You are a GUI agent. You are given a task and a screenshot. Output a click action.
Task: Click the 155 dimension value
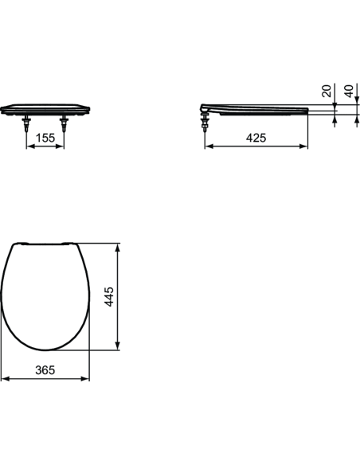tap(46, 138)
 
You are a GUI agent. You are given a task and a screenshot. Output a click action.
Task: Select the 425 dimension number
tap(256, 138)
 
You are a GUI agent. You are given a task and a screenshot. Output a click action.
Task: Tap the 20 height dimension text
tap(327, 92)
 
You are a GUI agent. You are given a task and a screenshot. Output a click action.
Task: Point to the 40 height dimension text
tap(348, 92)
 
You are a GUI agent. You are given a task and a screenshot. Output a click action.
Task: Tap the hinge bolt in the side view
tap(207, 121)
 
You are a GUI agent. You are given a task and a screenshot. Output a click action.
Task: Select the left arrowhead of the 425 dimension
tap(209, 147)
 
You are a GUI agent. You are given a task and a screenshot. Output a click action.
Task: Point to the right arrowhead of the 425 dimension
tap(306, 147)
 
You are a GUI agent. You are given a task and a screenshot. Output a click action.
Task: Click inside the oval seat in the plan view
tap(45, 295)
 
